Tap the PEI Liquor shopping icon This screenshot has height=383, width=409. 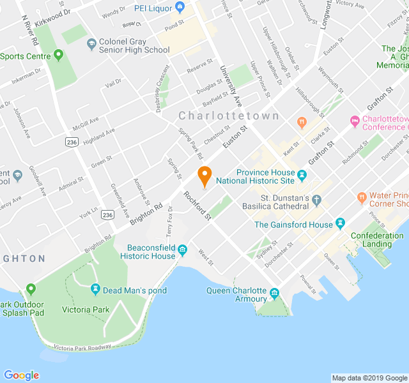point(180,8)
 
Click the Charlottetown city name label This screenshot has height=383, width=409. point(229,116)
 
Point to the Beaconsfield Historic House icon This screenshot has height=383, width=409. point(182,248)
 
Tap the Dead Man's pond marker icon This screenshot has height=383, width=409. point(96,290)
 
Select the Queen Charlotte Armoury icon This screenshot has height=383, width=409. point(275,294)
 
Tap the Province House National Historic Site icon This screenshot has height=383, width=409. point(302,173)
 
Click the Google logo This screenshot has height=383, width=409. point(21,375)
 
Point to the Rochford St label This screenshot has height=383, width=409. point(197,206)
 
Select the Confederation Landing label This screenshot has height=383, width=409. point(377,240)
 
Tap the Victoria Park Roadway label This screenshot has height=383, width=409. point(82,348)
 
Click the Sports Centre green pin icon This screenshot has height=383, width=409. point(59,56)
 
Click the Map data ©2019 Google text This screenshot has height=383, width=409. point(368,378)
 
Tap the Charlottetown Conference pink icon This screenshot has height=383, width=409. point(355,121)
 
